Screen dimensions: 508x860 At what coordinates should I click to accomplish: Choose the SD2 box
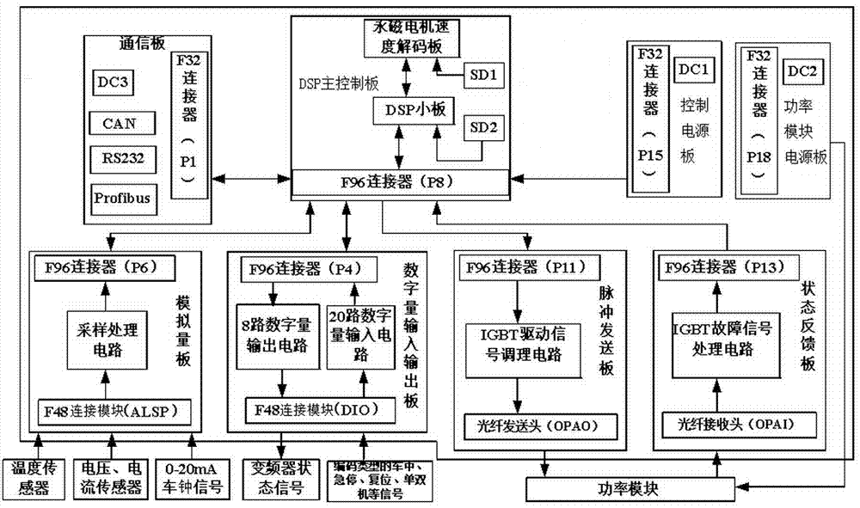(482, 129)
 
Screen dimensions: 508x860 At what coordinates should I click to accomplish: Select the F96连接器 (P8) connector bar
(398, 182)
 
